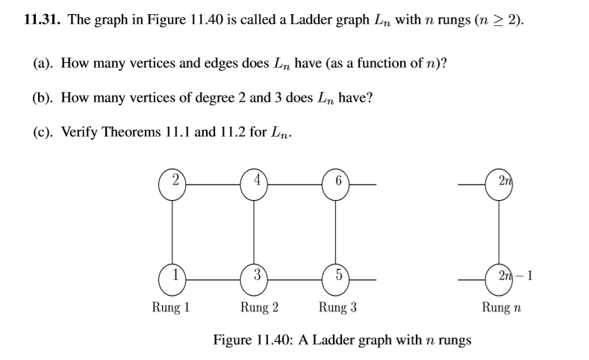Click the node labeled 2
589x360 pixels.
coord(173,184)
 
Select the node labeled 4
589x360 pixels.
coord(255,184)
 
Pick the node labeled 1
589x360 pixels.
coord(173,278)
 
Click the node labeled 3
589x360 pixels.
coord(255,278)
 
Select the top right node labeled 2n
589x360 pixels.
coord(499,184)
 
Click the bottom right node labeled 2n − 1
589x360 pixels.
coord(499,278)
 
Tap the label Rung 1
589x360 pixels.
coord(171,307)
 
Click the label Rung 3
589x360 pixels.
coord(338,307)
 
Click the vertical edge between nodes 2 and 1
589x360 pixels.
coord(173,231)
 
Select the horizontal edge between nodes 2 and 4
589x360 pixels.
coord(214,184)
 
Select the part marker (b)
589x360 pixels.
coord(43,97)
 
